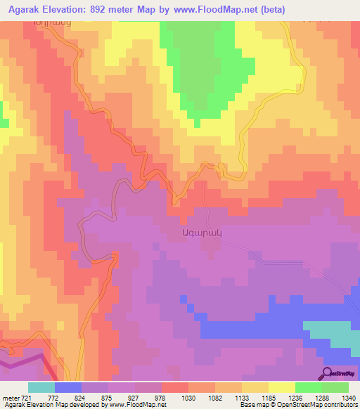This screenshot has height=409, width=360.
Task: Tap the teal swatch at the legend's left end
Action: tap(41, 387)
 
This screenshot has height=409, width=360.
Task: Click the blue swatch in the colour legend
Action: tap(68, 387)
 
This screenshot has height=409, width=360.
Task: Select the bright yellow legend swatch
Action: tap(281, 387)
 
